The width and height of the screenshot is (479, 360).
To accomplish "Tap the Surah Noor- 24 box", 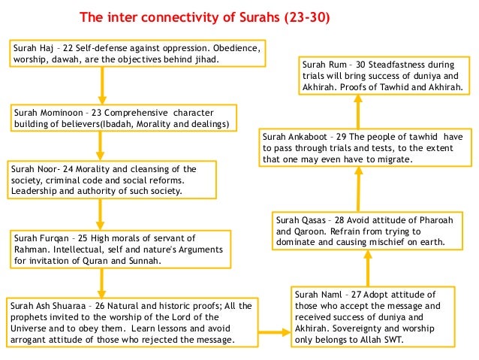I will [105, 181].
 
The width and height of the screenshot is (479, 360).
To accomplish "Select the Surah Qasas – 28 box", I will [369, 231].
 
